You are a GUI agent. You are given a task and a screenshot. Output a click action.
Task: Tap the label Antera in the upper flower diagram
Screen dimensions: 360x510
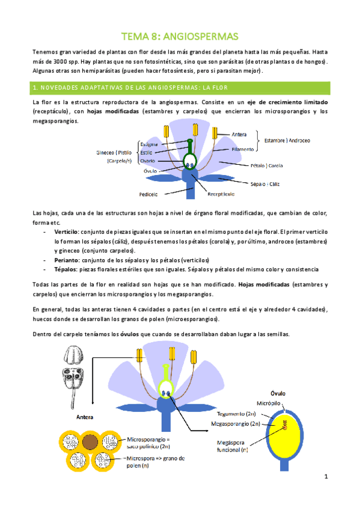tap(239, 134)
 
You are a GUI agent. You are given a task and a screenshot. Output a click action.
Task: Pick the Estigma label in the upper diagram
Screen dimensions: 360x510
tap(149, 144)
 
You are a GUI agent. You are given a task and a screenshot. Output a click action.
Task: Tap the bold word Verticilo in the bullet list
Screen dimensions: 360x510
tap(66, 231)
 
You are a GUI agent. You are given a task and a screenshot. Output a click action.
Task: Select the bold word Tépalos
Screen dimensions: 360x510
tap(65, 269)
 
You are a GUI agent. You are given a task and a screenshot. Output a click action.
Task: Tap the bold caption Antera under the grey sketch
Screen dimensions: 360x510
tap(84, 416)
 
